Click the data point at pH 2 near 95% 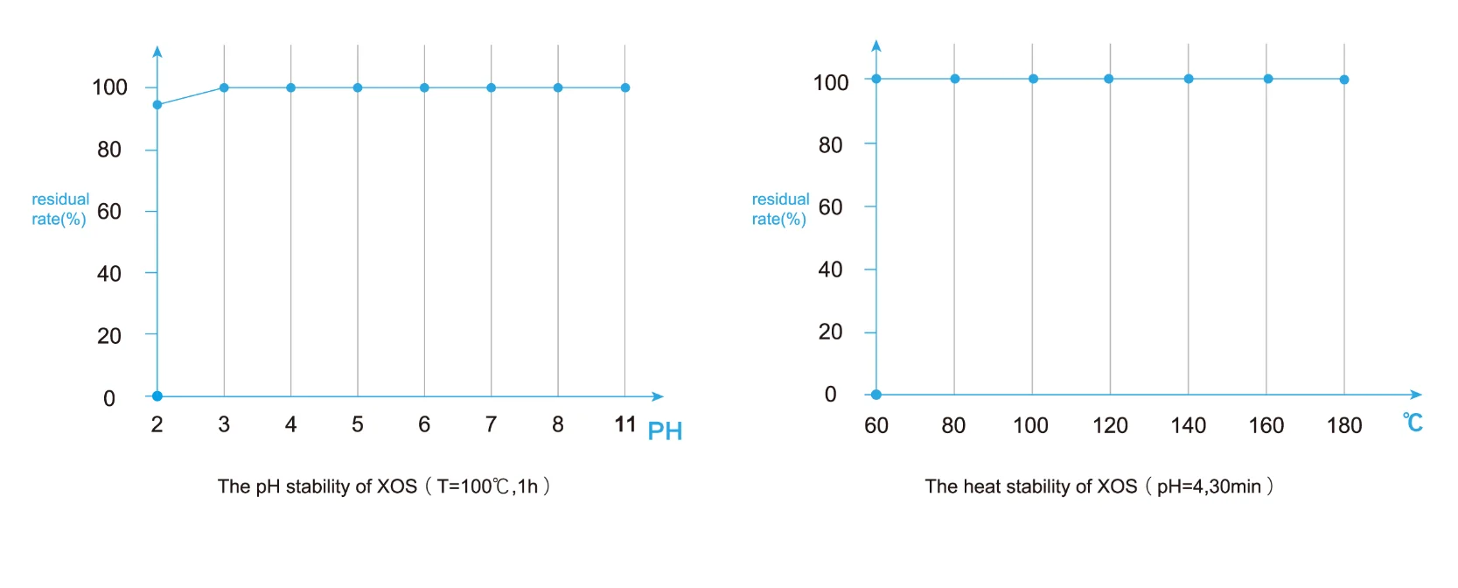157,105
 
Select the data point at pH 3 224,87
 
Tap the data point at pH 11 624,87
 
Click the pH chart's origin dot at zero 157,396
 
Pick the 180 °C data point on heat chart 1344,80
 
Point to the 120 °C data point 1109,79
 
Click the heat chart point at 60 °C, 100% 876,79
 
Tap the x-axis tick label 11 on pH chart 624,424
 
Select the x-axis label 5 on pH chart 358,424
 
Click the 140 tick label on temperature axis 1188,425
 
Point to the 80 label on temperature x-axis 953,425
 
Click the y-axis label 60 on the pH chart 109,212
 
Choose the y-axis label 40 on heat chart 830,269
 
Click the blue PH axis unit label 665,431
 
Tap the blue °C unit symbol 1413,423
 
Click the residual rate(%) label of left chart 59,209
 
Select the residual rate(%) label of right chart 780,209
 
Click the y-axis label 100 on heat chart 831,83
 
